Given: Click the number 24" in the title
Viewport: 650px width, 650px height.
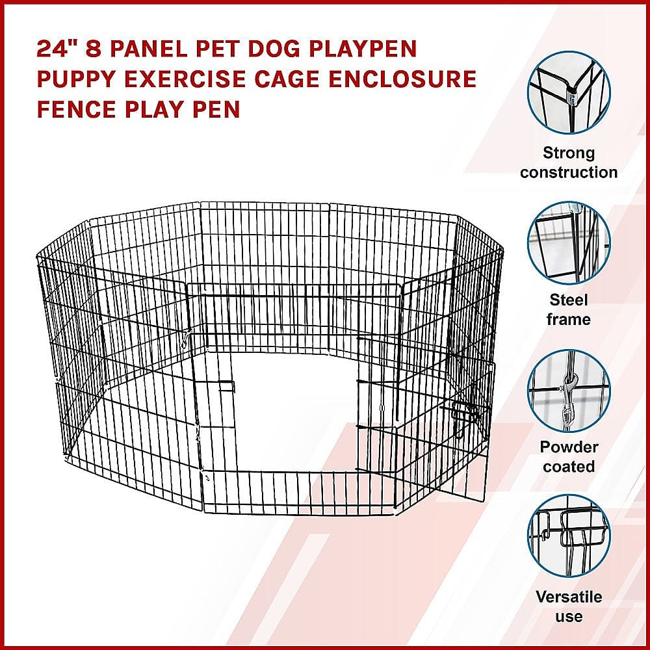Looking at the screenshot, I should [x=54, y=50].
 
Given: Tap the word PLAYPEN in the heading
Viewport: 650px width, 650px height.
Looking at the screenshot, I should [x=365, y=50].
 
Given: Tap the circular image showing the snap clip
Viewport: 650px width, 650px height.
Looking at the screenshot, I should [x=569, y=390].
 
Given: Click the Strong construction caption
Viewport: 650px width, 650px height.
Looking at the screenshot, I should [x=569, y=162].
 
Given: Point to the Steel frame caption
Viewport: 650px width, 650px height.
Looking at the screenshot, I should [x=569, y=309].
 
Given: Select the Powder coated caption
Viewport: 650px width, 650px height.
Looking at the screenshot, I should [x=569, y=457].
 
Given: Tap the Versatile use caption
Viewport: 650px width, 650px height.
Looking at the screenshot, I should [x=569, y=606].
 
